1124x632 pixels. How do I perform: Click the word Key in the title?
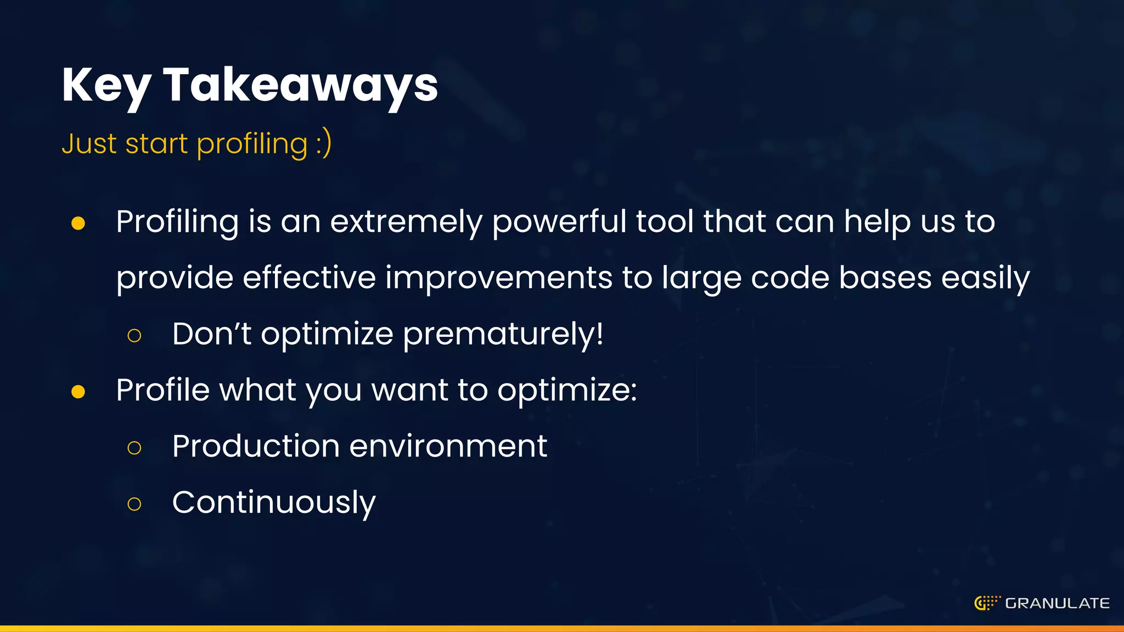point(106,86)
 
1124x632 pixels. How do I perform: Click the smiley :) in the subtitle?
point(324,144)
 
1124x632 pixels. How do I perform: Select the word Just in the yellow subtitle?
point(89,144)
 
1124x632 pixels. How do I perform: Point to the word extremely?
point(406,222)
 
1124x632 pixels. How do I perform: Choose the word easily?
point(985,278)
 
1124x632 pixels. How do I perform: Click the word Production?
point(256,445)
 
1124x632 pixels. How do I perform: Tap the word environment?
point(448,445)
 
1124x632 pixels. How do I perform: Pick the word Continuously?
point(274,502)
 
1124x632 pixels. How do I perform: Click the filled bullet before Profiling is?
point(78,223)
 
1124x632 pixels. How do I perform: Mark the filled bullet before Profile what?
point(78,392)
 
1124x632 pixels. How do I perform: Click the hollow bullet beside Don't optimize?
point(134,335)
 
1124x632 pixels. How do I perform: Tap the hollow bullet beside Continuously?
point(134,504)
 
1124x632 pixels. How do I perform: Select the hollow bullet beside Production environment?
point(134,448)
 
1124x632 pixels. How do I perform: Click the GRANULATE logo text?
point(1057,603)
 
